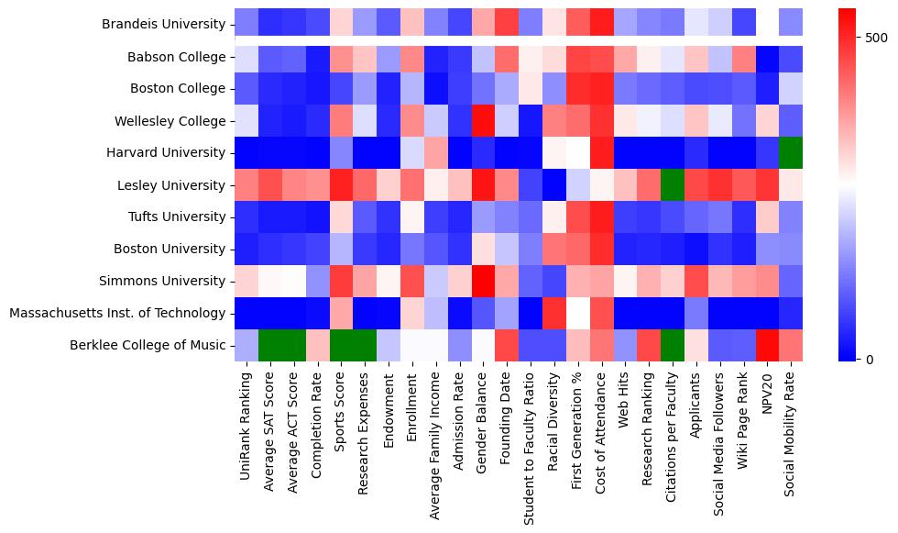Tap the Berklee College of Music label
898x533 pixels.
pos(148,346)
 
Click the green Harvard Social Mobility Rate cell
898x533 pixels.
pos(793,153)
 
